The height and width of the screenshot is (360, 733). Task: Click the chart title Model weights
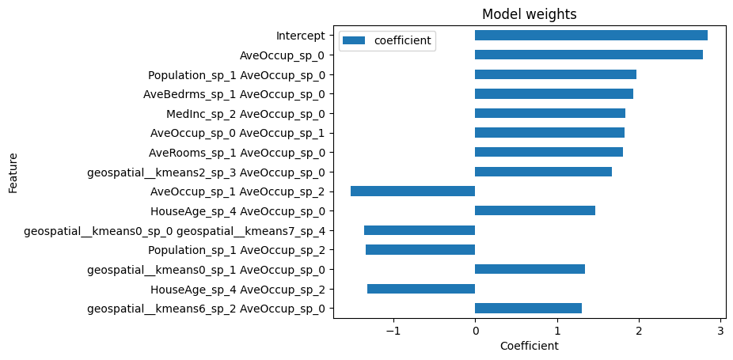point(529,14)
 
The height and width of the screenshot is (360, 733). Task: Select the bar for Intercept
point(591,36)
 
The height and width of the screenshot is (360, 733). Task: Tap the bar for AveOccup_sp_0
point(588,55)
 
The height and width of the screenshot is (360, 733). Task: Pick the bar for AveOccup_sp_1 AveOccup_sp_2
point(412,191)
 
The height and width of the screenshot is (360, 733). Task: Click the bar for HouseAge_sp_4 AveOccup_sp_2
point(420,289)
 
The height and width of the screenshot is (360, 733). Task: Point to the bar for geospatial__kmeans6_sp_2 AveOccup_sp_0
point(528,309)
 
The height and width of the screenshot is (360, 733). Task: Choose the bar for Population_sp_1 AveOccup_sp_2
point(420,250)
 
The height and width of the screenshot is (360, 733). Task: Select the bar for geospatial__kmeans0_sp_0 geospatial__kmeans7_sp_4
point(419,230)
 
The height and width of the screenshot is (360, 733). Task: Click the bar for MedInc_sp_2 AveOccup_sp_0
point(549,113)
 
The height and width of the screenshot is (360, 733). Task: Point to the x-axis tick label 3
point(720,332)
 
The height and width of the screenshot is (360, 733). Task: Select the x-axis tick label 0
point(475,332)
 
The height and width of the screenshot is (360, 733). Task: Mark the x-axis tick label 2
point(639,332)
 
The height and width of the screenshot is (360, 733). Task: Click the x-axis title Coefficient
point(529,347)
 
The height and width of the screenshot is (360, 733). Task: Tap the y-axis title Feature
point(13,172)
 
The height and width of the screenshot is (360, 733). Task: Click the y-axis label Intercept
point(300,36)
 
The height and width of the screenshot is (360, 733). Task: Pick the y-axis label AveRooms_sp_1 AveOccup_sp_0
point(237,153)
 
